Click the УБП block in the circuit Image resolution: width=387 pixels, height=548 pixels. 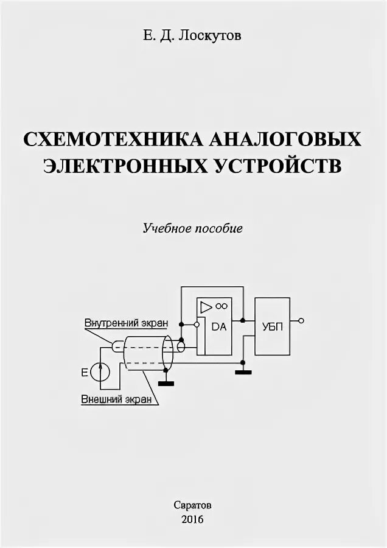pyautogui.click(x=272, y=326)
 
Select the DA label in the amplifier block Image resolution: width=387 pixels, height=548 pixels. pyautogui.click(x=219, y=326)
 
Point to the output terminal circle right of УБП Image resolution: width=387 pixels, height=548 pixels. pyautogui.click(x=301, y=320)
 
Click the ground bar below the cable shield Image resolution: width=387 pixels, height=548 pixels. pyautogui.click(x=165, y=383)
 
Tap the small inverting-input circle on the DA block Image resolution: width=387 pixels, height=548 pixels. pyautogui.click(x=196, y=325)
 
